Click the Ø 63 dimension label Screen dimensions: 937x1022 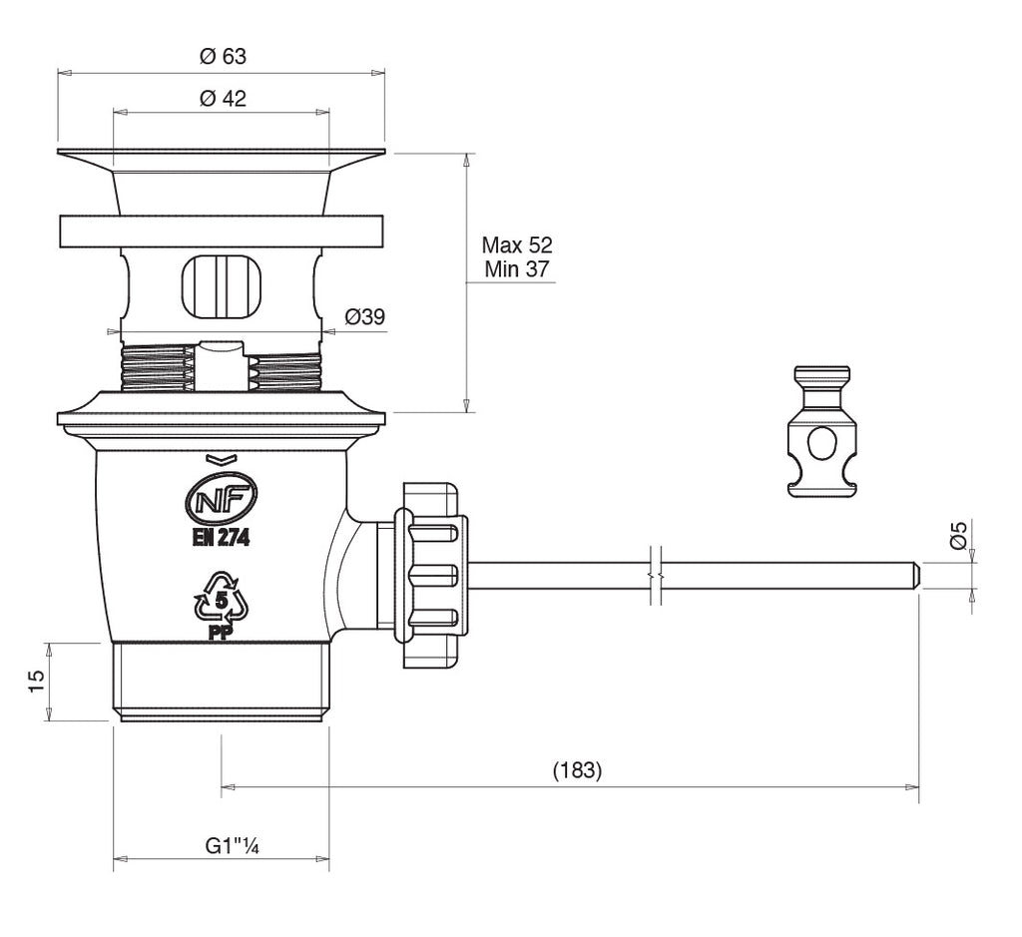(x=222, y=57)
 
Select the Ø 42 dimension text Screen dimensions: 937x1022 (x=223, y=98)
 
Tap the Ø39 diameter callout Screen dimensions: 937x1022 (x=365, y=317)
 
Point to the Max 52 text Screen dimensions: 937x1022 (x=516, y=244)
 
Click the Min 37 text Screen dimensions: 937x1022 (x=516, y=268)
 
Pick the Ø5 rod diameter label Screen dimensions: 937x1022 (x=958, y=537)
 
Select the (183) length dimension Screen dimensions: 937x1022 (x=577, y=770)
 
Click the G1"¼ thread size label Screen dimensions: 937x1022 (x=233, y=846)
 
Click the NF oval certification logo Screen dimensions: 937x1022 (x=221, y=496)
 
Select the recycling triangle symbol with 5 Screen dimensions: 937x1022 (x=220, y=600)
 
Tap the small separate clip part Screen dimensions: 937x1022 (x=822, y=431)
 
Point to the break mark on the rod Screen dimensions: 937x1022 (x=654, y=576)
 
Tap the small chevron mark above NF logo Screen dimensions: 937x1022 (x=221, y=459)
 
